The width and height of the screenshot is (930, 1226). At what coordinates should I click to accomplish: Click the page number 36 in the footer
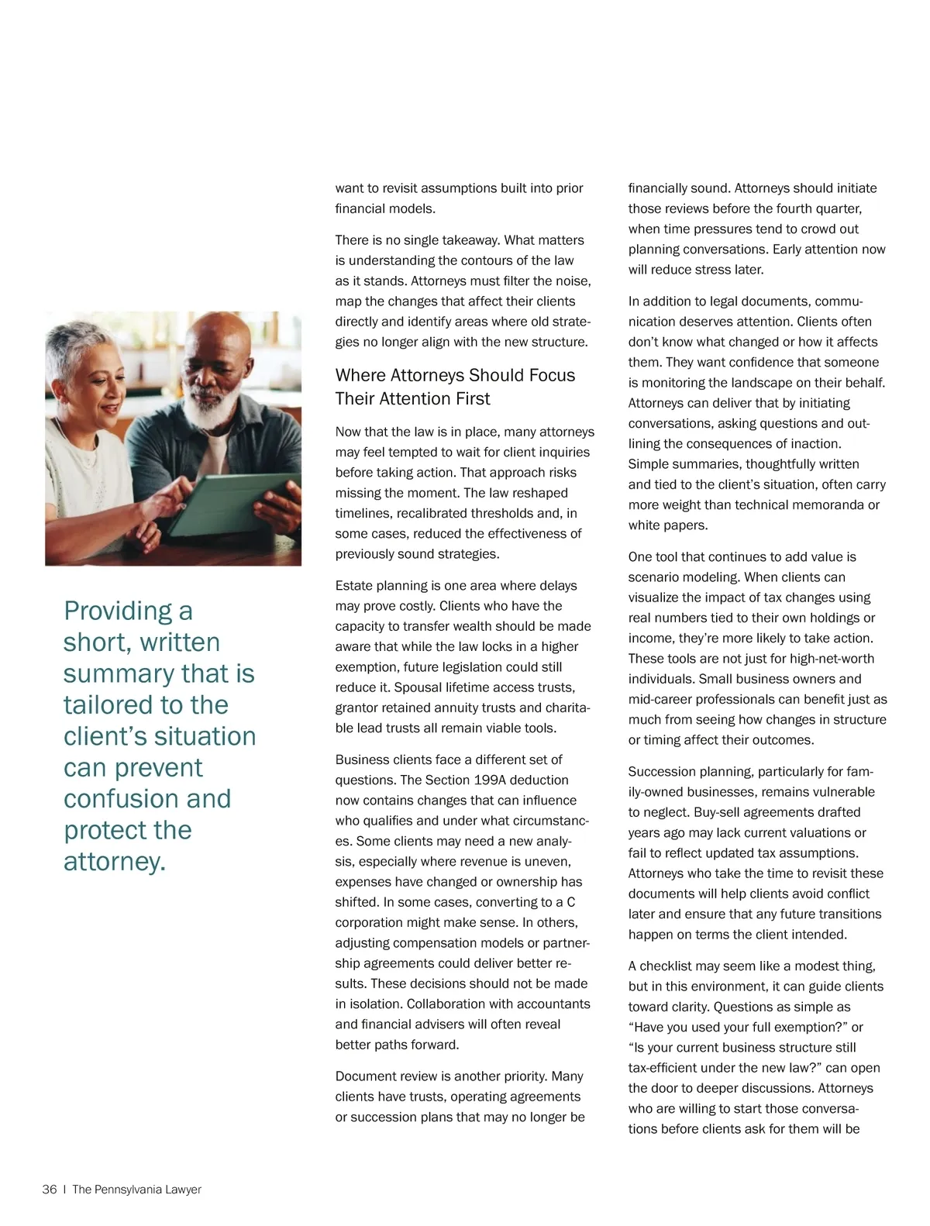point(50,1190)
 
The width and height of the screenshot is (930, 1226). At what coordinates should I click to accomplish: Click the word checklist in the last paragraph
point(668,966)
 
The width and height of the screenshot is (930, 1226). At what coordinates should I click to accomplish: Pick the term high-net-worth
point(832,659)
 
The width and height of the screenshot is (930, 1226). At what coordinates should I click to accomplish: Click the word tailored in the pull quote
point(109,704)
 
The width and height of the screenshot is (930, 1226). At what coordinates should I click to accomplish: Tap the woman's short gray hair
point(77,341)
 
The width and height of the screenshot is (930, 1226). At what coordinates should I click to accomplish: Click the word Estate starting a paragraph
point(354,585)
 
